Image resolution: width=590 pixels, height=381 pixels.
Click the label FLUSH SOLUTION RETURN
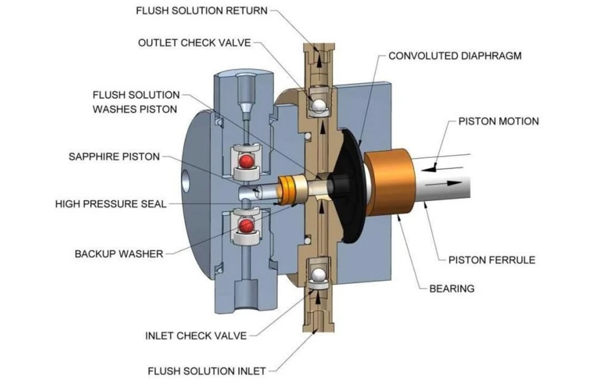201,11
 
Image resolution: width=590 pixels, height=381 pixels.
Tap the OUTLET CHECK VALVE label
194,43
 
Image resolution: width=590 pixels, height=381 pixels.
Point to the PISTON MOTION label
498,122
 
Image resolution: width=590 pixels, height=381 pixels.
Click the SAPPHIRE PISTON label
114,157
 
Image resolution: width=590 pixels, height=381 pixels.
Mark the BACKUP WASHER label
119,254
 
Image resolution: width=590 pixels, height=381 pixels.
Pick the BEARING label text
451,289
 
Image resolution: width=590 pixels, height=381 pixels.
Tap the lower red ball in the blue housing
247,226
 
